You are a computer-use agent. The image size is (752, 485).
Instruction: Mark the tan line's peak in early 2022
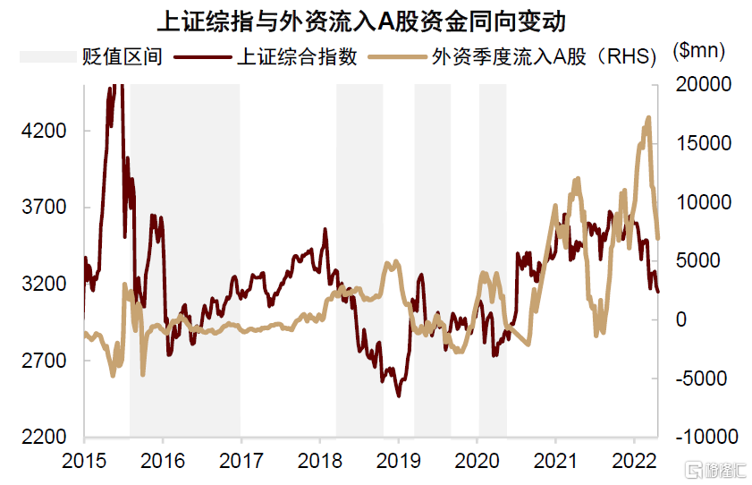tap(648, 117)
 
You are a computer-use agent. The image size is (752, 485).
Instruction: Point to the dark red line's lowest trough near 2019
tap(399, 396)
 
